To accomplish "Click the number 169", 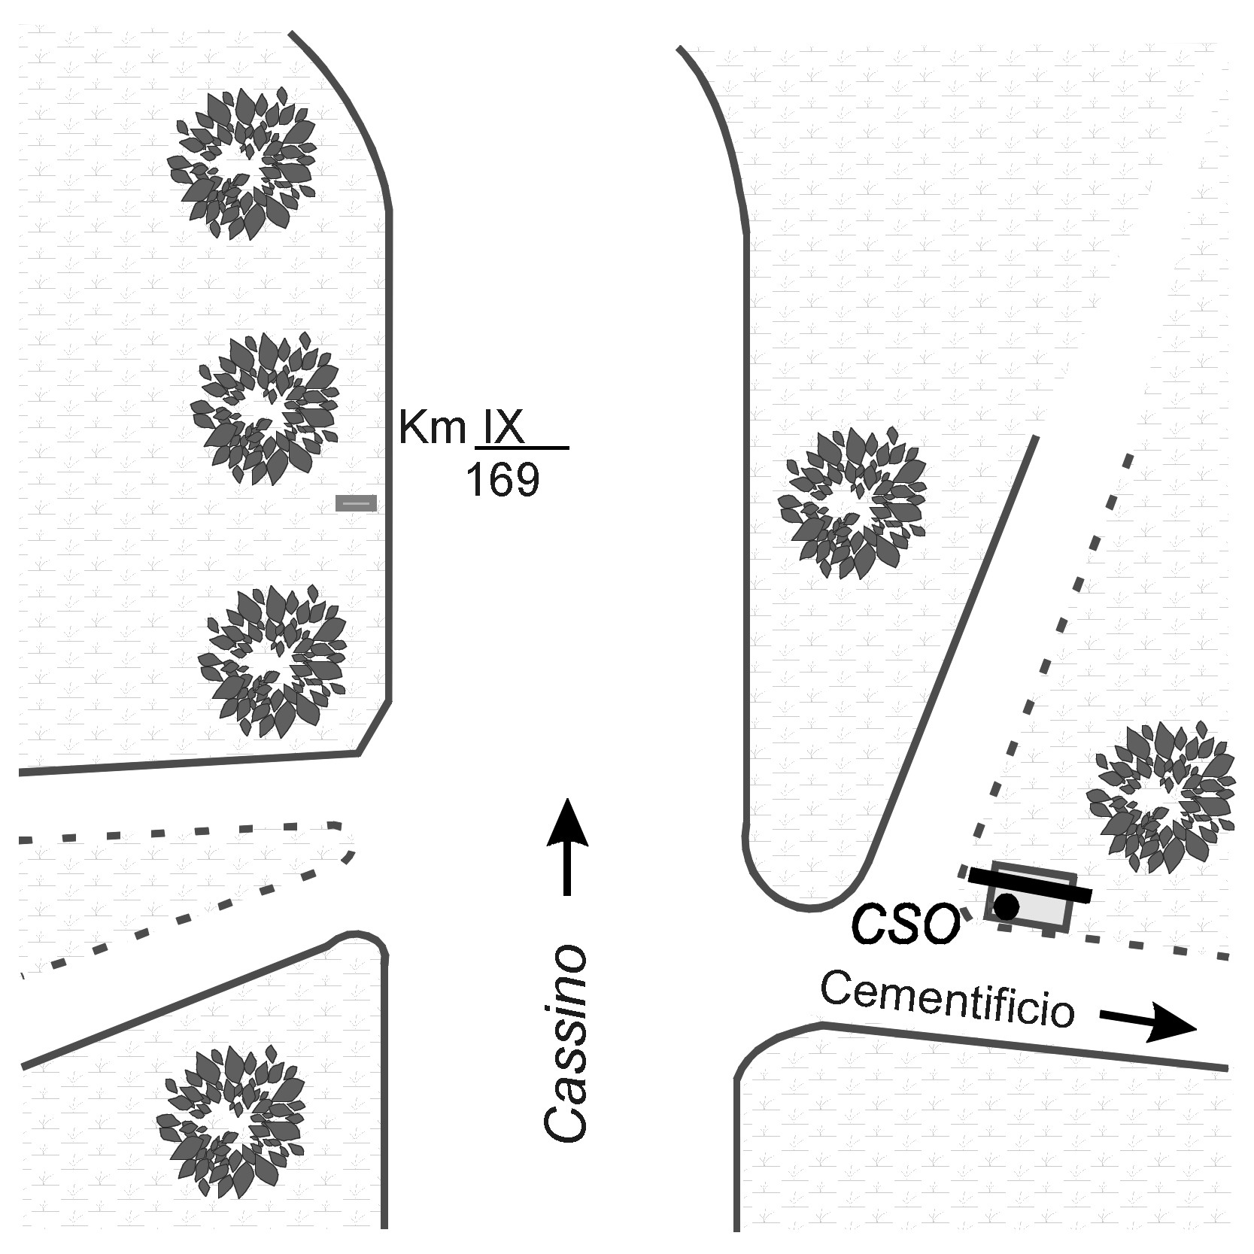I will pyautogui.click(x=503, y=479).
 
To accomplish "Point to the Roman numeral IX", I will pyautogui.click(x=503, y=428).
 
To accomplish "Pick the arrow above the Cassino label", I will pyautogui.click(x=566, y=846).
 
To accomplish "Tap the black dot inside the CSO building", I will pyautogui.click(x=1006, y=906).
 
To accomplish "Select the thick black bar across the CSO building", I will pyautogui.click(x=1028, y=885).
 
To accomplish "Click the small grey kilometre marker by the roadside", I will pyautogui.click(x=356, y=503).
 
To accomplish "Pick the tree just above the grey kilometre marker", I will pyautogui.click(x=265, y=408).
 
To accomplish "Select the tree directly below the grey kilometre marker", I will pyautogui.click(x=272, y=660).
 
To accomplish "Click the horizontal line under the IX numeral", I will pyautogui.click(x=522, y=448).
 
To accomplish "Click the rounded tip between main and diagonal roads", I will pyautogui.click(x=809, y=899).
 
